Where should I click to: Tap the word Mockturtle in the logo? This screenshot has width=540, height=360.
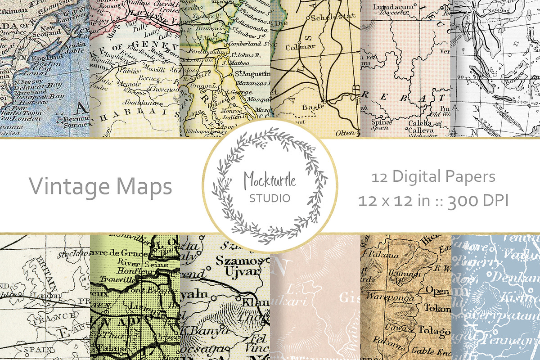270,180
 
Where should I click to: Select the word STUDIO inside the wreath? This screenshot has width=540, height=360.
270,198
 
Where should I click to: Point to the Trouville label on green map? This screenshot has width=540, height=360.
112,279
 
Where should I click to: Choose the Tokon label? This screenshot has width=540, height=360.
437,309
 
